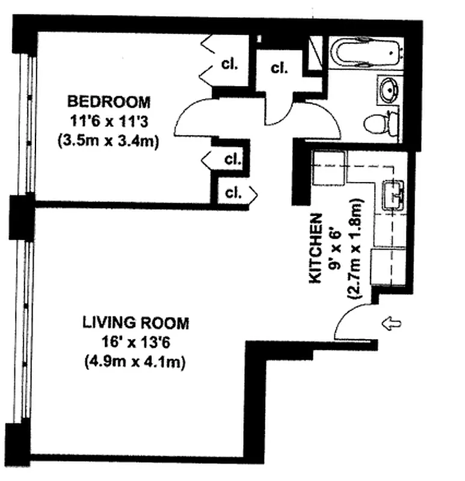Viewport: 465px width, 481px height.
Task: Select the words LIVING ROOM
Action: coord(135,323)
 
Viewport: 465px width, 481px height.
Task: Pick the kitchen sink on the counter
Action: coord(393,195)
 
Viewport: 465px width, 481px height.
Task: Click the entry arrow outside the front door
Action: coord(392,325)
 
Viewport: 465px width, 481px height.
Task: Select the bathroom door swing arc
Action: coord(316,118)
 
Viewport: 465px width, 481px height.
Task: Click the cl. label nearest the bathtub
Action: coord(279,67)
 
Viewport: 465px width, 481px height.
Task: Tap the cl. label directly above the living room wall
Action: coord(233,193)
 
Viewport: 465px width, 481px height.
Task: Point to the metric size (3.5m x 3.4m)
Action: coord(108,142)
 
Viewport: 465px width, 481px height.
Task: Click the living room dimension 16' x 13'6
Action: coord(135,343)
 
